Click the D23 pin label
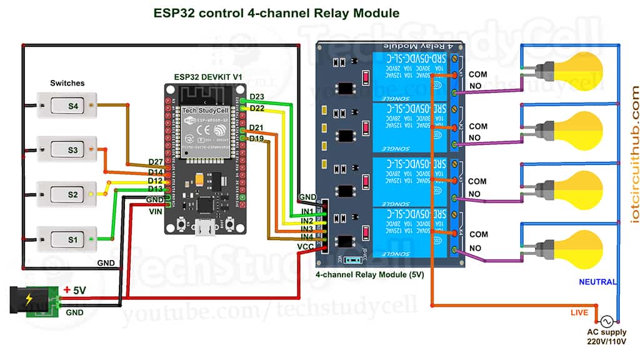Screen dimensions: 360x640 click(x=257, y=96)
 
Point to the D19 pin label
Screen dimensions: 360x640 click(x=256, y=138)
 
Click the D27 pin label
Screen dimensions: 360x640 click(x=156, y=162)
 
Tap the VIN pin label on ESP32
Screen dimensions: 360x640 click(x=156, y=212)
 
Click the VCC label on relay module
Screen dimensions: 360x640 click(x=306, y=247)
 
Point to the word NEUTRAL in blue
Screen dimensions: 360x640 click(x=597, y=282)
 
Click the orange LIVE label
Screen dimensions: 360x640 click(x=579, y=312)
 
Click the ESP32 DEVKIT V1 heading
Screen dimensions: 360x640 click(x=207, y=76)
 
